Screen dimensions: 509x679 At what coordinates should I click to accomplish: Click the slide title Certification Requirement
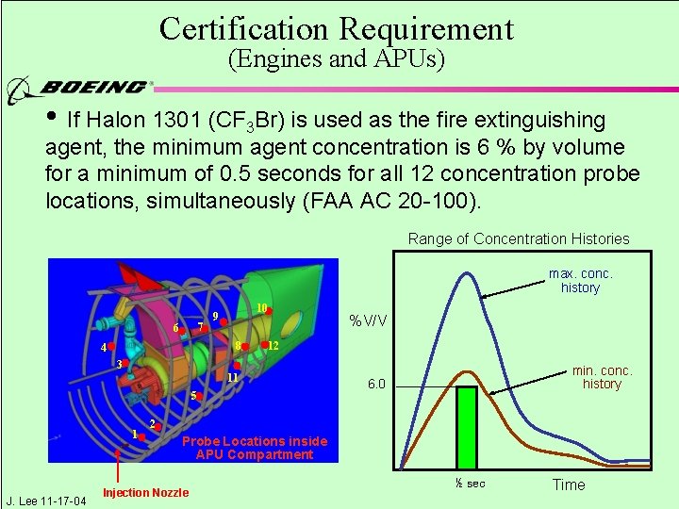pyautogui.click(x=337, y=28)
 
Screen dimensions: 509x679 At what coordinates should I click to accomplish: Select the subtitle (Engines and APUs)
pyautogui.click(x=337, y=60)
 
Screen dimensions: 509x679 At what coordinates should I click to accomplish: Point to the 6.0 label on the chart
pyautogui.click(x=376, y=384)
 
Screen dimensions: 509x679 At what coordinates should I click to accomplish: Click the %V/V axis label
pyautogui.click(x=368, y=320)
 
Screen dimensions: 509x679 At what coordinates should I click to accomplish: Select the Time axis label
pyautogui.click(x=568, y=484)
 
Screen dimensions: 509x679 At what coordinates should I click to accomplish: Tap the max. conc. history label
pyautogui.click(x=580, y=281)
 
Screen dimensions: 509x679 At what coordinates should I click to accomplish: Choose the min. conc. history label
pyautogui.click(x=602, y=377)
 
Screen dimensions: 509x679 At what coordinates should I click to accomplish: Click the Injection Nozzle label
pyautogui.click(x=145, y=493)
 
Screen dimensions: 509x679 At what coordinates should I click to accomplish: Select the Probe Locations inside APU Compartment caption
pyautogui.click(x=254, y=448)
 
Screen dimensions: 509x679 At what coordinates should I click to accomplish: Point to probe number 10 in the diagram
pyautogui.click(x=263, y=308)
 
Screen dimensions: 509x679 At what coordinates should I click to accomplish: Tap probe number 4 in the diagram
pyautogui.click(x=106, y=347)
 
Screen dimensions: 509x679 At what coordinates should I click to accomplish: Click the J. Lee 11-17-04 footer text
pyautogui.click(x=45, y=500)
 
